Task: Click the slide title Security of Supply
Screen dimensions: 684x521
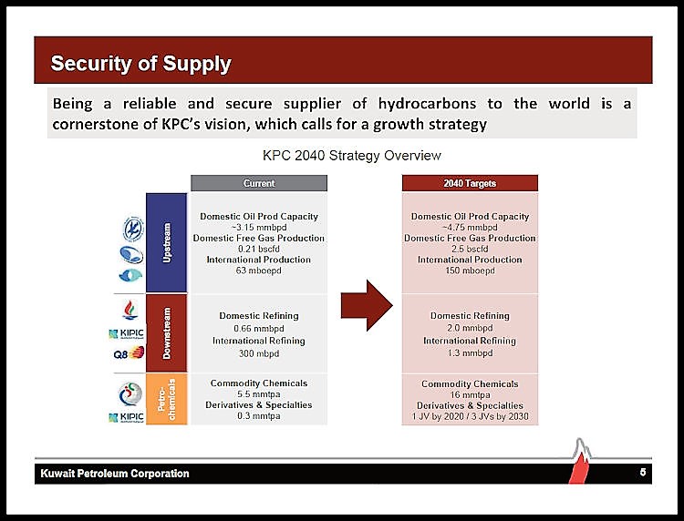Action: [141, 64]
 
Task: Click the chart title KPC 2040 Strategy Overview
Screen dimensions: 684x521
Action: [352, 156]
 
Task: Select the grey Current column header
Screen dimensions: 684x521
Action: [259, 184]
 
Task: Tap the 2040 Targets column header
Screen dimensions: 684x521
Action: [470, 184]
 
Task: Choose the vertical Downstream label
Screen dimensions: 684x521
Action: [167, 332]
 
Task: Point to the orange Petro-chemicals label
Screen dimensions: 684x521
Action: [167, 399]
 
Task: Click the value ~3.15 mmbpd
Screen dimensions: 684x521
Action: [258, 228]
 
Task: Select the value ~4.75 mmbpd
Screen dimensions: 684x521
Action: [470, 228]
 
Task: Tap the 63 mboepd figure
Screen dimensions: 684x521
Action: [258, 271]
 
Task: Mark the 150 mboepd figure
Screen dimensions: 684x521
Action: [470, 271]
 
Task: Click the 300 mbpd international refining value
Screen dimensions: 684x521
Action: [258, 352]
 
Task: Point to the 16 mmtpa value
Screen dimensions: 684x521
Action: [470, 394]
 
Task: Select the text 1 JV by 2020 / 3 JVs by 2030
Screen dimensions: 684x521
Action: [470, 416]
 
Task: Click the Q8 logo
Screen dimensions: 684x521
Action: [128, 353]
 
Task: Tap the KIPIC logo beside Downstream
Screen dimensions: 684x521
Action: [126, 334]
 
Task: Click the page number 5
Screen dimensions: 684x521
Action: [643, 473]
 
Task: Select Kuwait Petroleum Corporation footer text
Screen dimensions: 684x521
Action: [115, 474]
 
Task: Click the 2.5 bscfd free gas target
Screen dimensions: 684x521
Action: [470, 249]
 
